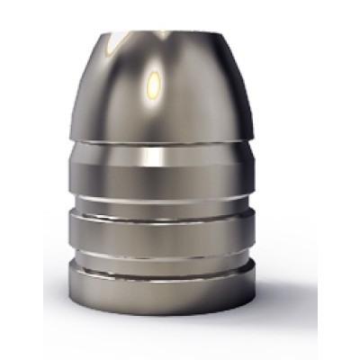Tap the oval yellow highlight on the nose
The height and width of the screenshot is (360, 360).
pos(154,85)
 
